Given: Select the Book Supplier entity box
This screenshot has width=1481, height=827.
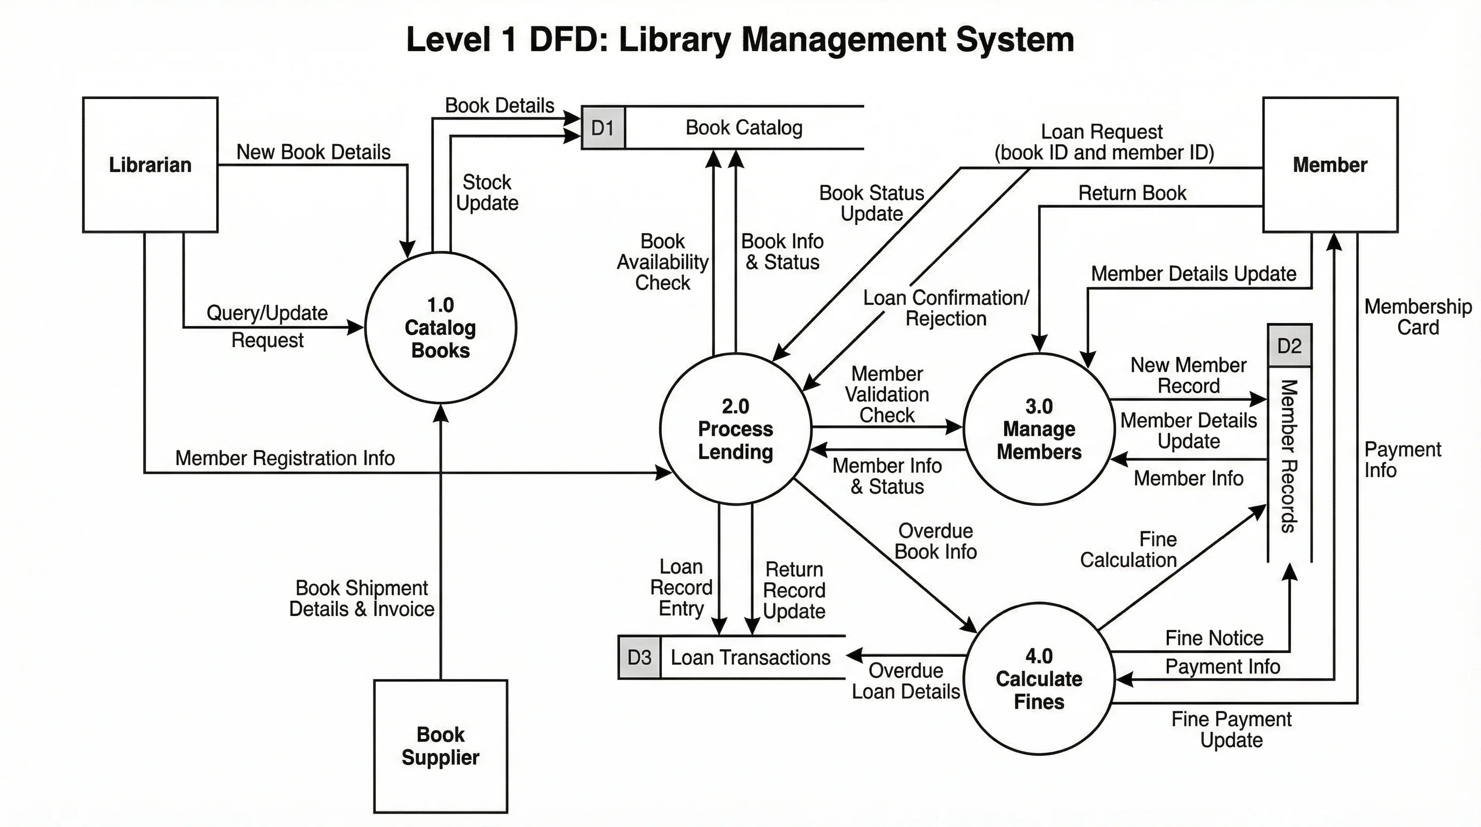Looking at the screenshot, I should point(440,746).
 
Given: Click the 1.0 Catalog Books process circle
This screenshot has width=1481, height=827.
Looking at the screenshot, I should point(440,327).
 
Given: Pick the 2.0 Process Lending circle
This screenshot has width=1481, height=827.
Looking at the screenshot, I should point(735,429).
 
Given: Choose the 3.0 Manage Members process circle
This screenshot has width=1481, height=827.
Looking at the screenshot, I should point(1039,429).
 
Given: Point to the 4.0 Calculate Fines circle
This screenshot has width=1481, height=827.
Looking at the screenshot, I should point(1039,678).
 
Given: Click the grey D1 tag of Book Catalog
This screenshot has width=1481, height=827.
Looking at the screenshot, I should point(603,128).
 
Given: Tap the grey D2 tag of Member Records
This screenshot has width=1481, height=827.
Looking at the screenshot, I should point(1289,346).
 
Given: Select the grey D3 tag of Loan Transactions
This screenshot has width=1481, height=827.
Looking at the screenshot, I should point(639,657).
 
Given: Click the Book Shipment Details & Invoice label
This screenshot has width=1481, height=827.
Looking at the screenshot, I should point(362,598).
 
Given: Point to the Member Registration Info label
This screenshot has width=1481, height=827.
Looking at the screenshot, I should point(285,458).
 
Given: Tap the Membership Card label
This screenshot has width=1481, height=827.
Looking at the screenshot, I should point(1417,317).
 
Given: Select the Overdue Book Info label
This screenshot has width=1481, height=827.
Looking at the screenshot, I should point(935,541).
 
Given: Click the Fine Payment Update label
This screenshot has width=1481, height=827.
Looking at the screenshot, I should point(1231,729).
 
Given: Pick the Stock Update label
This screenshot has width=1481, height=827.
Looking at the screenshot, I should point(487,192).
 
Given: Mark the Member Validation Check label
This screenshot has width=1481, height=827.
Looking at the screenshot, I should point(886,394).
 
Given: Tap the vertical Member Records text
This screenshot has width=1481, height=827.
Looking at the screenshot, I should point(1289,455).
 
